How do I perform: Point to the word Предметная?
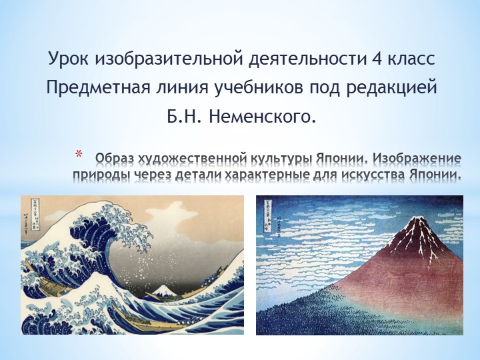pos(91,88)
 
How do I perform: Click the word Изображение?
pos(416,159)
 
